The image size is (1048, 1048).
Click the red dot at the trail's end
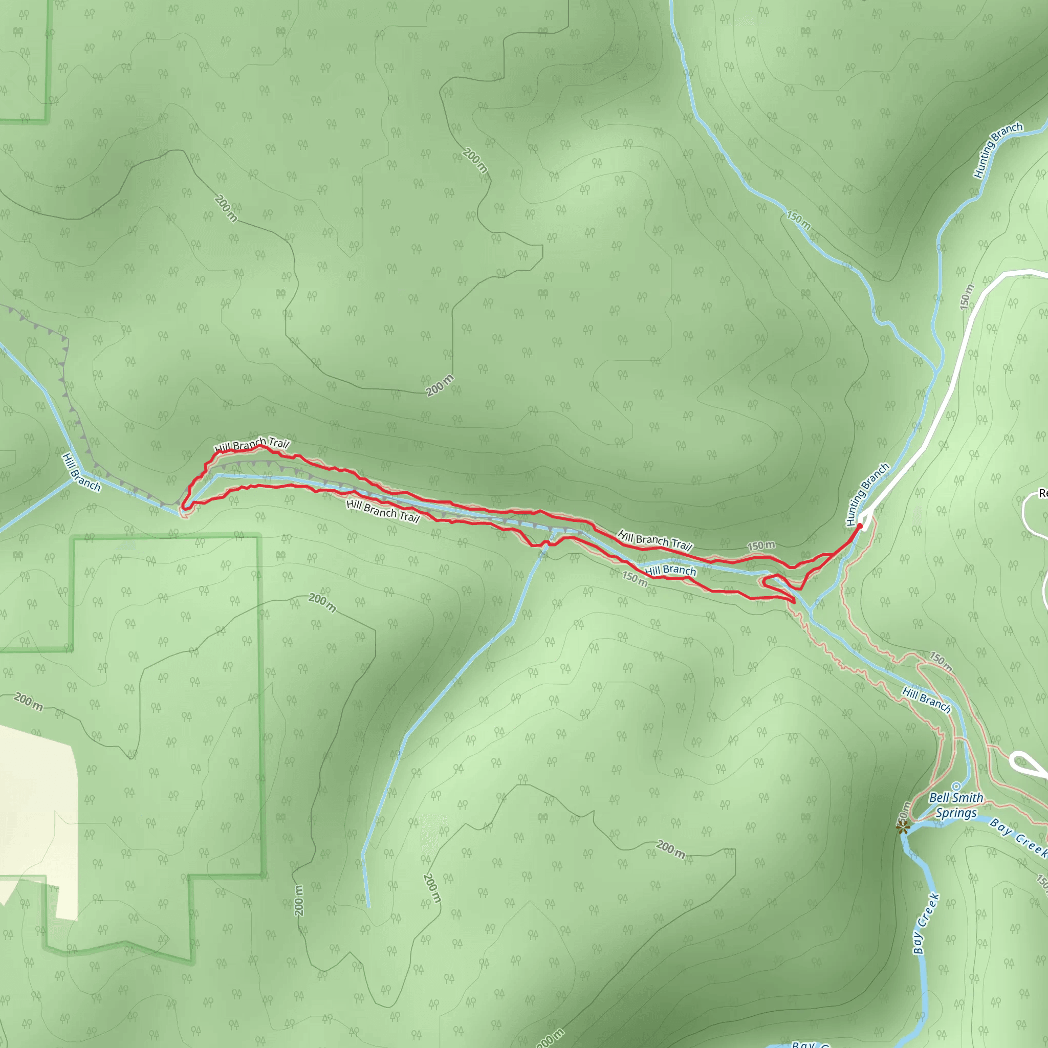coord(860,526)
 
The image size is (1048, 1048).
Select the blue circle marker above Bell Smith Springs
coord(956,787)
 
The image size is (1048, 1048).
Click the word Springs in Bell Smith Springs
coord(956,813)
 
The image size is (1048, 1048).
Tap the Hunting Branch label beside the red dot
coord(867,494)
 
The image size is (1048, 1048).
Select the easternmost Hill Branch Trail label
coord(654,541)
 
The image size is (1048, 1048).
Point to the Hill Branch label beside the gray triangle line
coord(81,472)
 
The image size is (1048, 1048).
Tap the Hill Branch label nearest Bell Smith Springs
coord(926,699)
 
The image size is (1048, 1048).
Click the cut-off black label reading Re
coord(1042,493)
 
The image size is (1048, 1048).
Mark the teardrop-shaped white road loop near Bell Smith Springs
coord(1028,762)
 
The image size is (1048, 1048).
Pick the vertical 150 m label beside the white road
coord(966,297)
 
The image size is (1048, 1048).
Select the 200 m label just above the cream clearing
coord(28,701)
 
